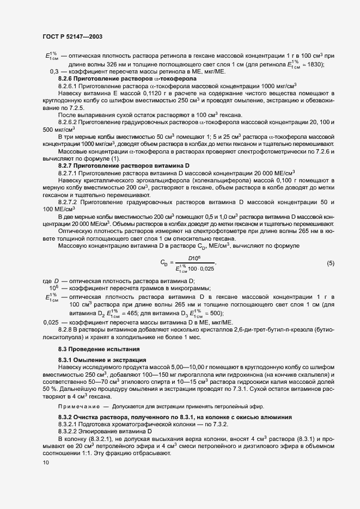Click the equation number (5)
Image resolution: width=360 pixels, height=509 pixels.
[330, 263]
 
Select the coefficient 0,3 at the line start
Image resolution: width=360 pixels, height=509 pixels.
[54, 72]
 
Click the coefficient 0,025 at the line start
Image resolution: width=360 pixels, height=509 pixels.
[51, 322]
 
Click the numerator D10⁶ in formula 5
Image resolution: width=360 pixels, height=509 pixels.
[196, 258]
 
